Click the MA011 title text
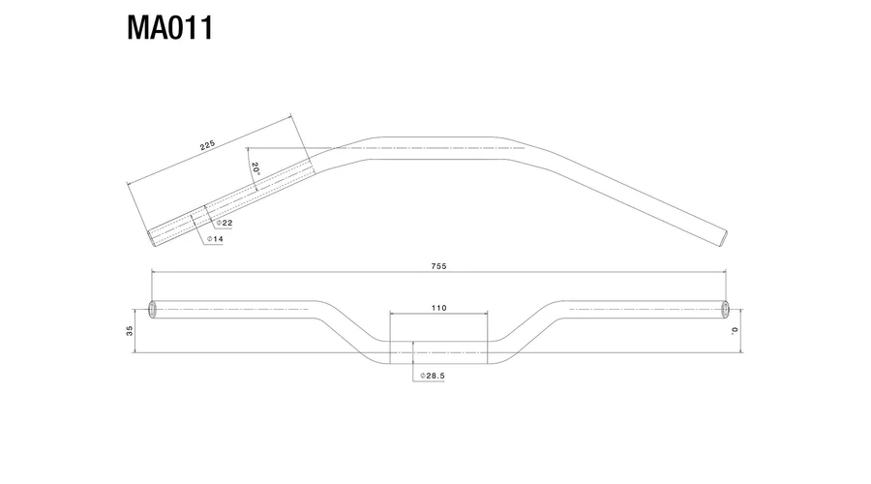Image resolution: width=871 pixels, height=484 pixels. (170, 28)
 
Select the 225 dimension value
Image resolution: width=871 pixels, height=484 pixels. (207, 145)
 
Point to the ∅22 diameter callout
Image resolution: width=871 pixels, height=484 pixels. (225, 223)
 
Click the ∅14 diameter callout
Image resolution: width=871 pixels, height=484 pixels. (215, 239)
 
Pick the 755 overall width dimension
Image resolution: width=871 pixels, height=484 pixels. (438, 266)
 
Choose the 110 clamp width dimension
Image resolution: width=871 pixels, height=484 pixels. (438, 308)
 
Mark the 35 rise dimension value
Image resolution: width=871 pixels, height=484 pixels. (130, 331)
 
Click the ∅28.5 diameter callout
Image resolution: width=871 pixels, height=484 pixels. (433, 376)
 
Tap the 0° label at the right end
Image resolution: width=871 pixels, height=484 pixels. (735, 331)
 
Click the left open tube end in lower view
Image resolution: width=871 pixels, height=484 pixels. (153, 310)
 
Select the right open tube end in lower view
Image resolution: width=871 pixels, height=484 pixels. (724, 310)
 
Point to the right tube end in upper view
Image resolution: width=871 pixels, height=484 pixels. (723, 238)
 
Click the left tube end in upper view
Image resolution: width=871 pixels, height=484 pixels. (152, 238)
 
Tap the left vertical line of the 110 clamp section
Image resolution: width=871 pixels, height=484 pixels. (390, 338)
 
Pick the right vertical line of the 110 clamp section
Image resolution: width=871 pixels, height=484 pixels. (488, 338)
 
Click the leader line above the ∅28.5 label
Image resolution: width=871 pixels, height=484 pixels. (412, 361)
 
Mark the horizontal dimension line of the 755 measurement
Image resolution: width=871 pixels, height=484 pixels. (438, 272)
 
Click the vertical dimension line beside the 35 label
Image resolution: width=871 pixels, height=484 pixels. (135, 331)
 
